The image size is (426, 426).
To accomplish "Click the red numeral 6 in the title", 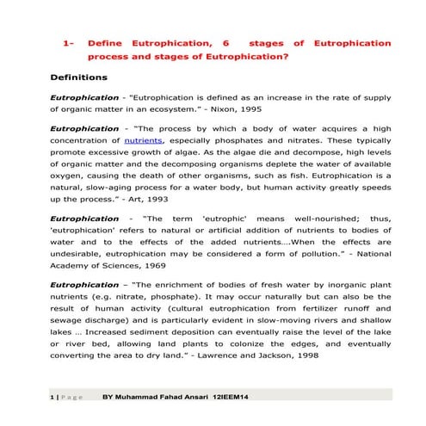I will point(225,43).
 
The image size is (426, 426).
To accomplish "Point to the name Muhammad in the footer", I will point(146,398).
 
